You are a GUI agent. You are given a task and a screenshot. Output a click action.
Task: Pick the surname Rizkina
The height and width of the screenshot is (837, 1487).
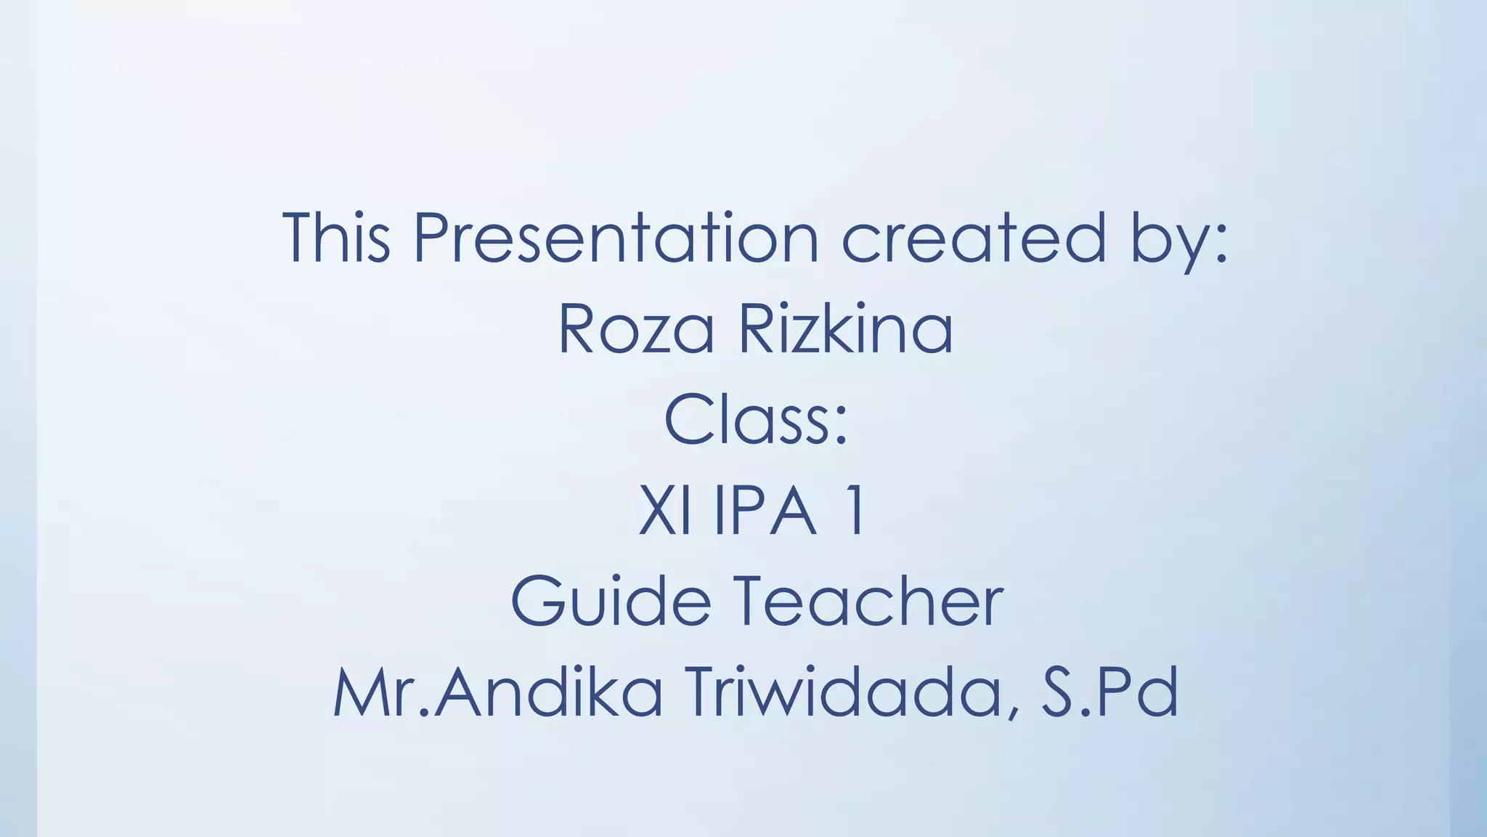coord(845,329)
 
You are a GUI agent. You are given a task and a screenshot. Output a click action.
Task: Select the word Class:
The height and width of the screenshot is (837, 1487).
coord(756,420)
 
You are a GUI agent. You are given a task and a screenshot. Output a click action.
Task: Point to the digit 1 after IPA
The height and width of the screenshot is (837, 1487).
coord(856,511)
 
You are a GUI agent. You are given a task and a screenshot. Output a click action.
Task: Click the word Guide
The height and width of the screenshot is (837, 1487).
coord(611,602)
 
